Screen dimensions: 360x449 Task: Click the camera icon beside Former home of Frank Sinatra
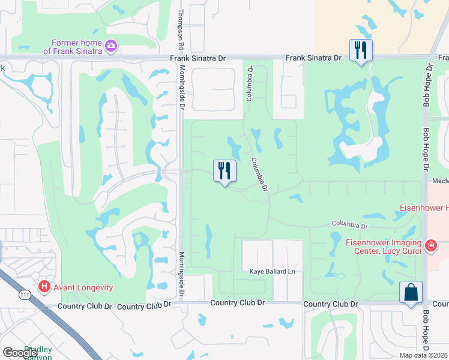[110, 46]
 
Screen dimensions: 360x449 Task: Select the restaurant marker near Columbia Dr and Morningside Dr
[224, 171]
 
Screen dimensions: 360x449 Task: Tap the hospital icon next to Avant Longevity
[44, 287]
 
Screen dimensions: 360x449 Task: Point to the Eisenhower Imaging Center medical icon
[430, 245]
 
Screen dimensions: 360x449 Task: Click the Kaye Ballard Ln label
[273, 272]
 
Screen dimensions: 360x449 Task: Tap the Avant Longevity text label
[83, 287]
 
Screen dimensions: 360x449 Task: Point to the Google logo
[20, 353]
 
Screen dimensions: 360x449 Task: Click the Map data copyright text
[423, 355]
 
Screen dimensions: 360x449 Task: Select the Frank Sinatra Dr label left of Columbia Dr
[198, 58]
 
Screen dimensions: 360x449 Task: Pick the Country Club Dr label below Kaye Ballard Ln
[238, 304]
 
